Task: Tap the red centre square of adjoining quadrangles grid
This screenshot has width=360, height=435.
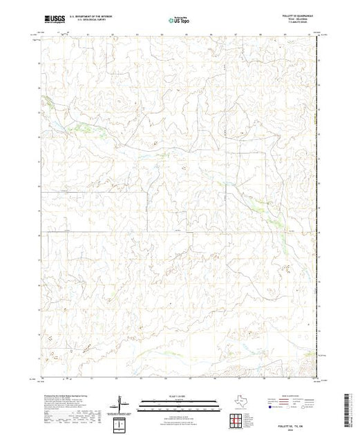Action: [236, 419]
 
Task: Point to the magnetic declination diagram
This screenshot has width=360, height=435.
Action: [120, 405]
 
